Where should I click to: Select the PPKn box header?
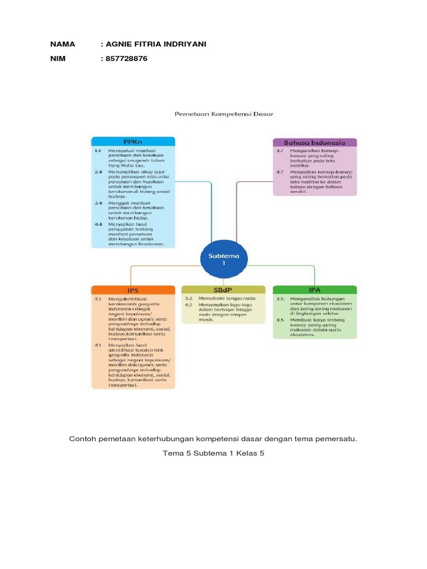(132, 142)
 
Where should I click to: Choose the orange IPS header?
(132, 290)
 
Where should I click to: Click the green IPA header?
(315, 290)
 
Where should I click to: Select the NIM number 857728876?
(126, 58)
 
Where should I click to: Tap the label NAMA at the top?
(62, 44)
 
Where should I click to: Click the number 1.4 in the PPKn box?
(98, 151)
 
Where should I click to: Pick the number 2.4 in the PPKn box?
(98, 172)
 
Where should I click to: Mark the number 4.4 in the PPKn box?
(98, 223)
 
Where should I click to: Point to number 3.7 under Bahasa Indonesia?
(280, 151)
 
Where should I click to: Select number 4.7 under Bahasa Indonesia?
(280, 172)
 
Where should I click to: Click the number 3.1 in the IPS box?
(98, 299)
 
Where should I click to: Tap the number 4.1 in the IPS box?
(98, 345)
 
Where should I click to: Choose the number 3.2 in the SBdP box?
(188, 298)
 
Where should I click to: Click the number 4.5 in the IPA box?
(280, 321)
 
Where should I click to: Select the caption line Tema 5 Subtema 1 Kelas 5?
(213, 453)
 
